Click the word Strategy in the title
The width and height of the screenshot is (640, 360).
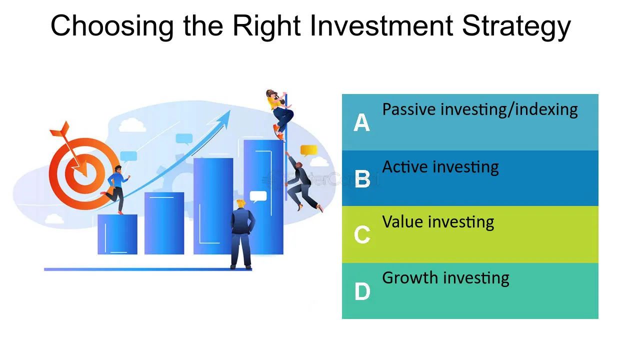point(516,26)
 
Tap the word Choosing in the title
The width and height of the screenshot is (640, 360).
point(112,26)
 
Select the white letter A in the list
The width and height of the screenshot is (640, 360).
point(361,122)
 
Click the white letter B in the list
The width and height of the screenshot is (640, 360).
point(362,179)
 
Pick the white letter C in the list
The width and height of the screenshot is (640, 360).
point(362,234)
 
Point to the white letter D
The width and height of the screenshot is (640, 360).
point(362,291)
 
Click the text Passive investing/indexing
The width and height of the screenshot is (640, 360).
point(480,110)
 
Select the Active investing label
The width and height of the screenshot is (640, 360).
point(440,167)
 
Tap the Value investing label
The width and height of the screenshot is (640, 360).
point(438,222)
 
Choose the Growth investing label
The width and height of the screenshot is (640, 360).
point(445,278)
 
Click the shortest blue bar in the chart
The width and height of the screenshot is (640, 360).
point(117,234)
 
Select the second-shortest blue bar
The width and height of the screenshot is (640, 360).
point(164,223)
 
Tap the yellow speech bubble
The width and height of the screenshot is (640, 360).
point(309,150)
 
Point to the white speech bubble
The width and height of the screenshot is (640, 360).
point(258,197)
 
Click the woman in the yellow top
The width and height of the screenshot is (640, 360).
point(279,115)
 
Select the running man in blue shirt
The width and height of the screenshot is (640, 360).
point(116,189)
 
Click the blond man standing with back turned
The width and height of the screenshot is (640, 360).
point(242,234)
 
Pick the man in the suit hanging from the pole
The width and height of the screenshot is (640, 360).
point(303,183)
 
